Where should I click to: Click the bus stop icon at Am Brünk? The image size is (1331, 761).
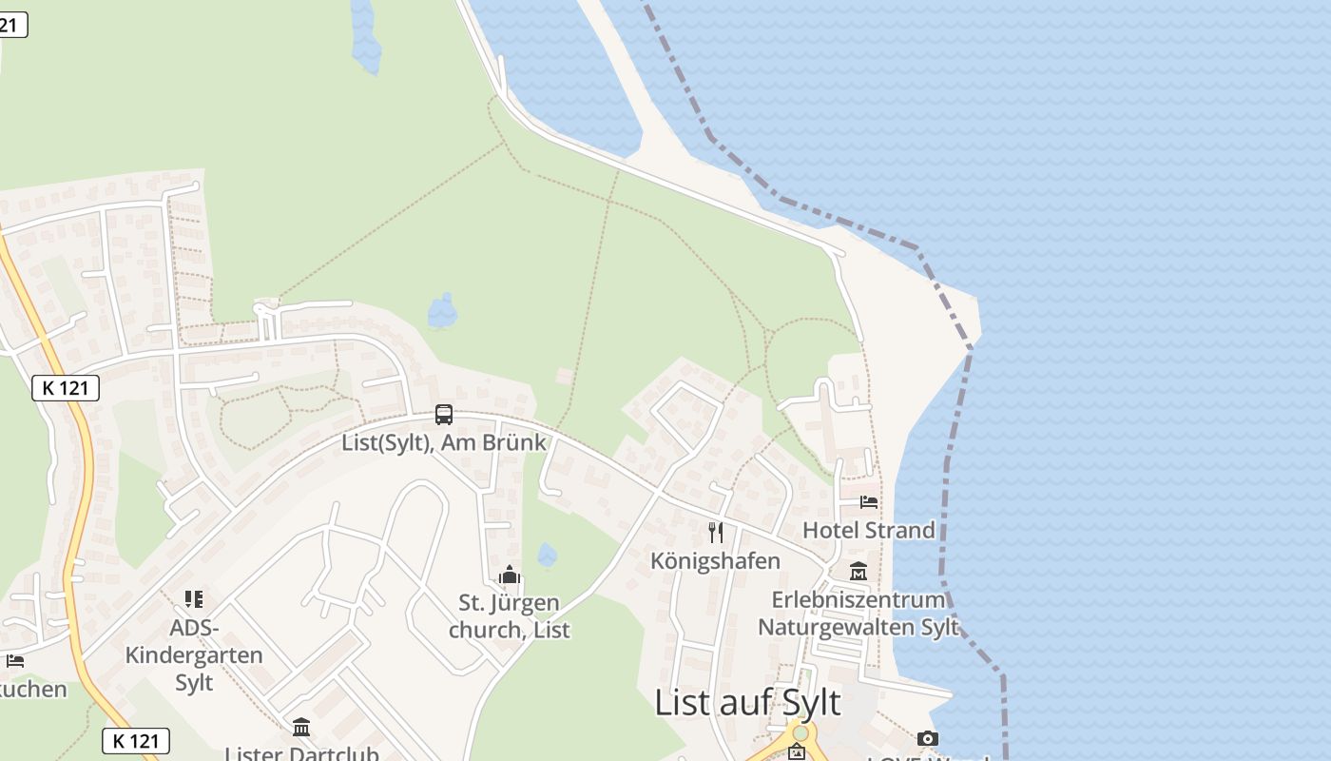pyautogui.click(x=444, y=415)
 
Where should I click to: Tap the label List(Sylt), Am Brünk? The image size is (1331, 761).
pyautogui.click(x=444, y=442)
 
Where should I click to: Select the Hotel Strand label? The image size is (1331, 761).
pyautogui.click(x=869, y=530)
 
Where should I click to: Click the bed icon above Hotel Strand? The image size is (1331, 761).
pyautogui.click(x=869, y=501)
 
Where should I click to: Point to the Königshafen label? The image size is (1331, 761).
pyautogui.click(x=715, y=560)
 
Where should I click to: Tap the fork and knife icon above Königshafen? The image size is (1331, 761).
pyautogui.click(x=716, y=533)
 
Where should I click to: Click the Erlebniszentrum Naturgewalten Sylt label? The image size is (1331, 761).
pyautogui.click(x=858, y=614)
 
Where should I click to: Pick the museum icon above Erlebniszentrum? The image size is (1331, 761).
pyautogui.click(x=858, y=572)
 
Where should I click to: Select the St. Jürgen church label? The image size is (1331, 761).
pyautogui.click(x=510, y=615)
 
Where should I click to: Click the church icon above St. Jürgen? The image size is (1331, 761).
pyautogui.click(x=510, y=576)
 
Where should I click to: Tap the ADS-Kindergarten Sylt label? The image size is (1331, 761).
pyautogui.click(x=194, y=654)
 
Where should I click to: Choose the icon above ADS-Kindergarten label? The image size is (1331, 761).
pyautogui.click(x=194, y=599)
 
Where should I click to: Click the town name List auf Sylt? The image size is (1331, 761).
pyautogui.click(x=747, y=702)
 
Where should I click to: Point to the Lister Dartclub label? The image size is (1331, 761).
pyautogui.click(x=301, y=753)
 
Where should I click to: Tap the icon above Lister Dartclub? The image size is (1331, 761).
pyautogui.click(x=301, y=728)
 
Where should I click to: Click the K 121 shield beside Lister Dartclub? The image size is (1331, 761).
pyautogui.click(x=136, y=741)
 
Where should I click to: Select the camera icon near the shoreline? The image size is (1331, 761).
pyautogui.click(x=928, y=738)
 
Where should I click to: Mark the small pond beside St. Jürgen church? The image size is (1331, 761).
pyautogui.click(x=547, y=555)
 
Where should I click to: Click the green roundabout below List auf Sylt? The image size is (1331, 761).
pyautogui.click(x=801, y=733)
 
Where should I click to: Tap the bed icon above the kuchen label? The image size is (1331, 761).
pyautogui.click(x=14, y=661)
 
